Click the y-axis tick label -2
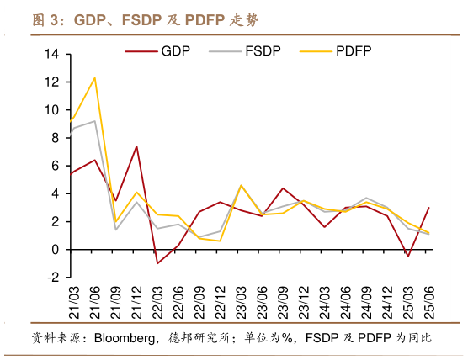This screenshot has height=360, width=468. pyautogui.click(x=52, y=278)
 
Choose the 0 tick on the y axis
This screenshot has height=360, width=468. pyautogui.click(x=55, y=250)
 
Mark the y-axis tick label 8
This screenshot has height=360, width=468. pyautogui.click(x=55, y=138)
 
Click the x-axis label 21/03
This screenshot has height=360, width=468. pyautogui.click(x=72, y=299)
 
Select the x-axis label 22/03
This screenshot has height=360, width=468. pyautogui.click(x=157, y=299)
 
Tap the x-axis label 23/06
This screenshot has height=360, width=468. pyautogui.click(x=263, y=299)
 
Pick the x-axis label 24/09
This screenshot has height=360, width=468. pyautogui.click(x=366, y=299)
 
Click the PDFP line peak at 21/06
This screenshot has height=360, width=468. pyautogui.click(x=94, y=78)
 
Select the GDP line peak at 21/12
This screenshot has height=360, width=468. pyautogui.click(x=136, y=146)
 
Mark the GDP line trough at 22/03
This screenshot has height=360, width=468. pyautogui.click(x=157, y=263)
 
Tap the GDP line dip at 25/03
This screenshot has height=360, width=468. pyautogui.click(x=408, y=256)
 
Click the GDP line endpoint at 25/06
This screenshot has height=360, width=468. pyautogui.click(x=429, y=208)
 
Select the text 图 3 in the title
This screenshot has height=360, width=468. pyautogui.click(x=47, y=19)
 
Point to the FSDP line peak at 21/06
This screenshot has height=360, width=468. pyautogui.click(x=94, y=121)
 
